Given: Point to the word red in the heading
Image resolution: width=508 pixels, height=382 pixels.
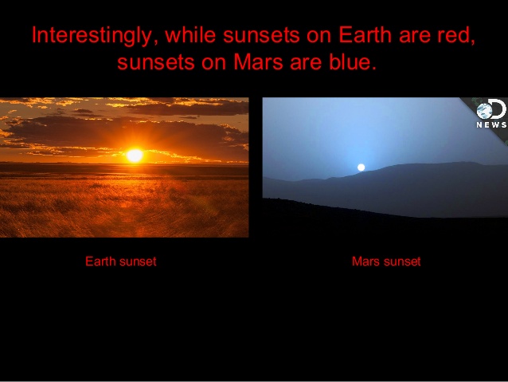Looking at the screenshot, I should pos(457,36).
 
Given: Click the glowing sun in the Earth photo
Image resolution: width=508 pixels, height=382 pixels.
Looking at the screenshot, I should pos(135,156).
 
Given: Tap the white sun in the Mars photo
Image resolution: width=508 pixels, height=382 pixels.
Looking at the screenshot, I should pos(361,167).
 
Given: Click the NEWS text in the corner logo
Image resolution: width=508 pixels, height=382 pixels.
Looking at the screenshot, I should pos(491,124).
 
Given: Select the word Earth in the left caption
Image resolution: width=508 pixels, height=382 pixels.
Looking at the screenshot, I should pos(100,261).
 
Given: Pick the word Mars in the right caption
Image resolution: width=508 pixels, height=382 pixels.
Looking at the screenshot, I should pos(365,261).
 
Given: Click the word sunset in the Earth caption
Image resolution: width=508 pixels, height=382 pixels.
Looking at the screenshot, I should pos(138,261).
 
